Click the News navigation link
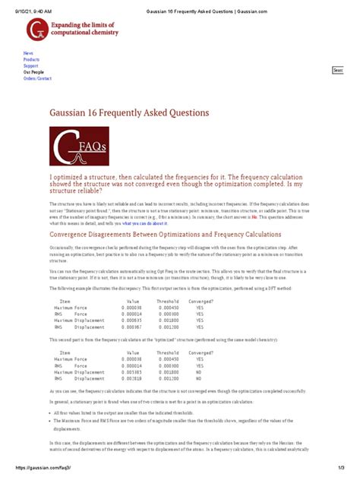(x=28, y=54)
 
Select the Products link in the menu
(x=31, y=60)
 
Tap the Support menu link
(x=30, y=66)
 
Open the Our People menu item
(x=33, y=72)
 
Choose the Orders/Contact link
(x=37, y=78)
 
